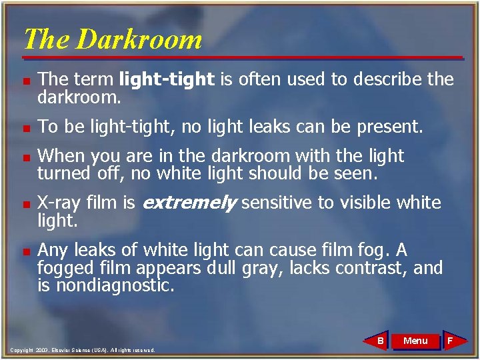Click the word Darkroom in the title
(139, 39)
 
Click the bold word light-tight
(167, 79)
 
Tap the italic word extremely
(189, 203)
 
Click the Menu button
(415, 341)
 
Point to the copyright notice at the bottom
(83, 349)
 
